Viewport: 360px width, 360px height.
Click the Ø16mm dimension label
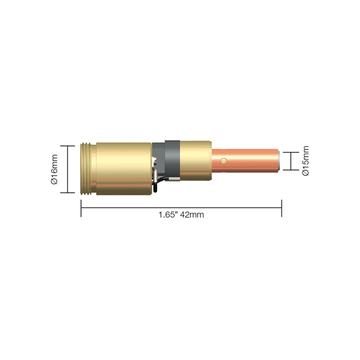(55, 169)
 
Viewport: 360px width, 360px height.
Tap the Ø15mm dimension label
(305, 161)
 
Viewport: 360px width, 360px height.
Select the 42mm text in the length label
(192, 215)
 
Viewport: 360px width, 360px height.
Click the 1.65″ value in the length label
(169, 215)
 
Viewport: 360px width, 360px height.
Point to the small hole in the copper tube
(224, 161)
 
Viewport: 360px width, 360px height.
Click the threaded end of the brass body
(89, 169)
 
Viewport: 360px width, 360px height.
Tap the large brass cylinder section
(124, 169)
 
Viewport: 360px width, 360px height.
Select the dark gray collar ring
(172, 160)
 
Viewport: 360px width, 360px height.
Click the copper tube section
(245, 161)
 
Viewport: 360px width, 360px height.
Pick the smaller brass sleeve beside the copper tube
(196, 160)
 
